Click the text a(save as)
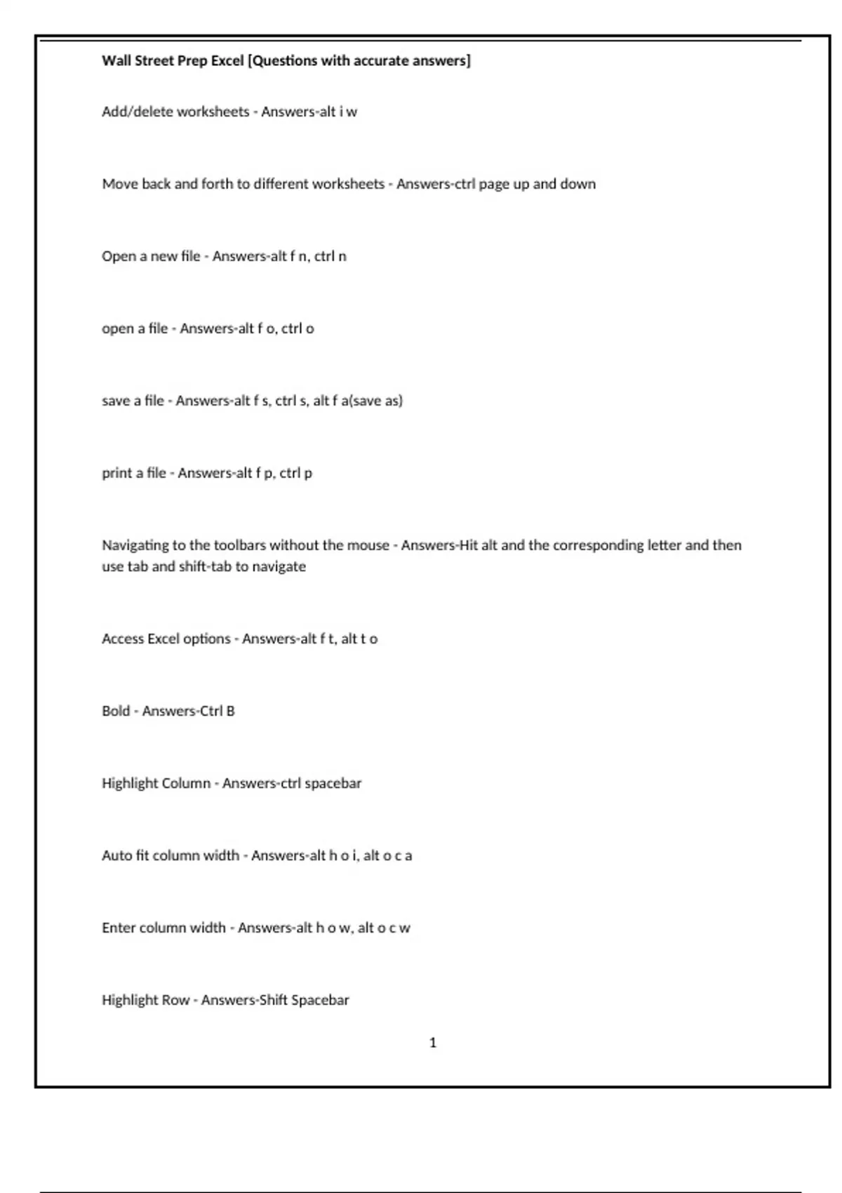[371, 401]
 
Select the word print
[117, 474]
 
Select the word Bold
[116, 711]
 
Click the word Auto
[116, 855]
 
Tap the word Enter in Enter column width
[118, 928]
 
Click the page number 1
[432, 1043]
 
